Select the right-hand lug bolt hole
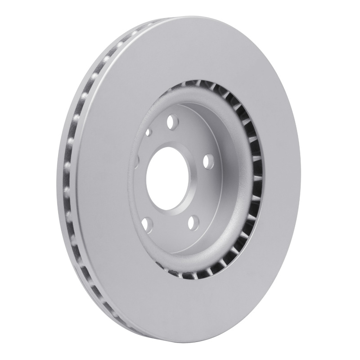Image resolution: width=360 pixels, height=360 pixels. coord(208,161)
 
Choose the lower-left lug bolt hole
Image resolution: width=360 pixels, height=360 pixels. coord(147,224)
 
